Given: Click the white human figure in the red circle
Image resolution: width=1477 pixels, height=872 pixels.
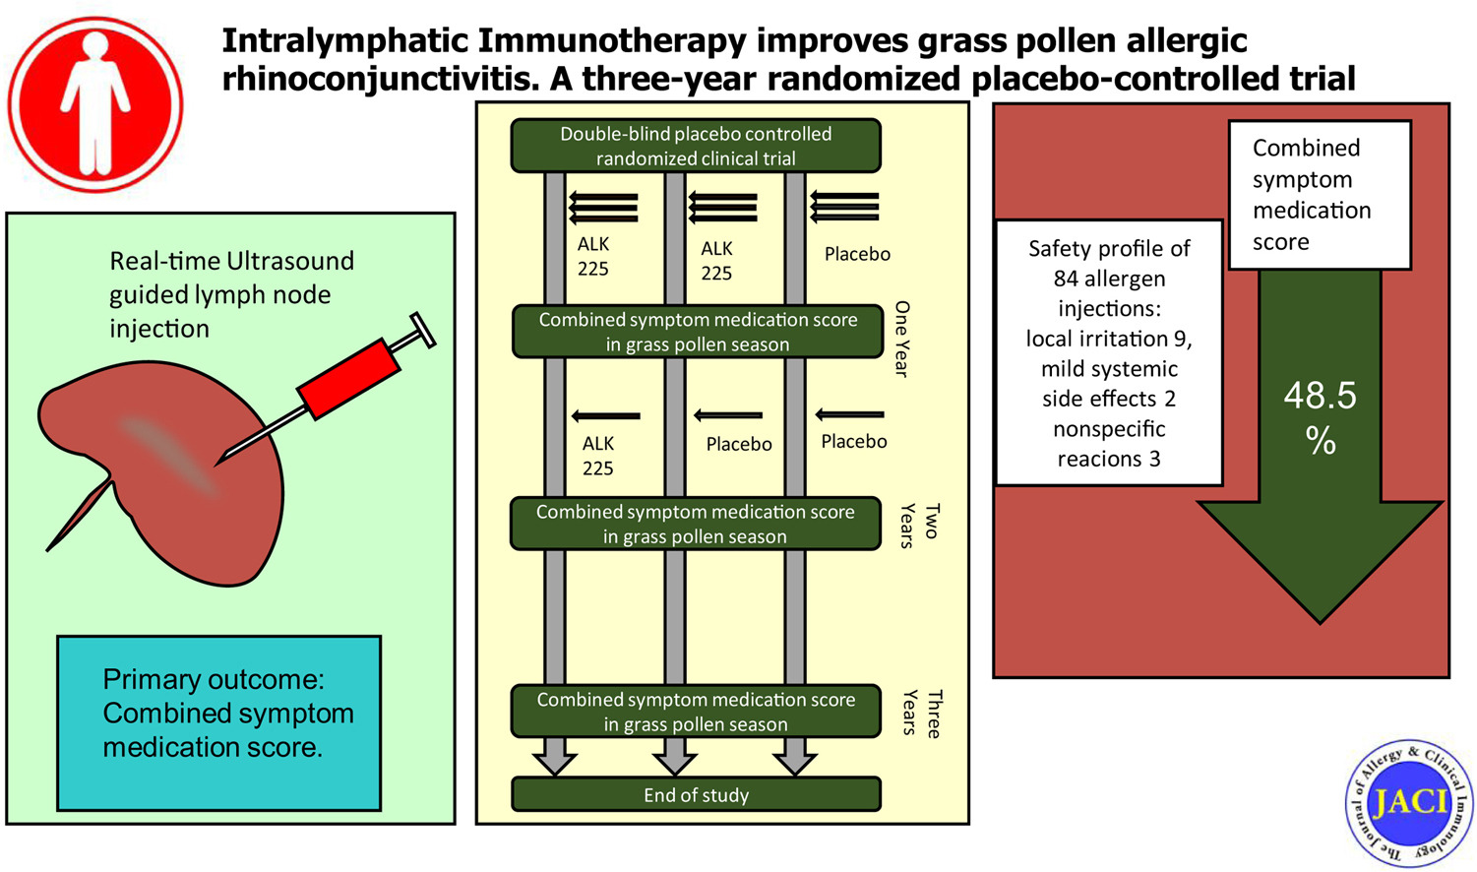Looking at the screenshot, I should pos(95,103).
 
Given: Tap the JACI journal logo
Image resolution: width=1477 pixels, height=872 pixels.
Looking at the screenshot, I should pos(1408,803).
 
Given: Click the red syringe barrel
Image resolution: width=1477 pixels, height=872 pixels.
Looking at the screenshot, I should pos(349,379).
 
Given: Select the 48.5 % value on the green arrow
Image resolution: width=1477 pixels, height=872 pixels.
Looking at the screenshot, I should pos(1320,416).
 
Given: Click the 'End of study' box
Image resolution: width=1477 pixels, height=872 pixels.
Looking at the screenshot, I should pos(696,794).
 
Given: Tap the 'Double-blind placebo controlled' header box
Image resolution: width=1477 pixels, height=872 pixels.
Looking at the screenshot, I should pos(696,146).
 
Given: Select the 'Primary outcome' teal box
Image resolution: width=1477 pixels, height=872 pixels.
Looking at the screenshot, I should pos(218,722).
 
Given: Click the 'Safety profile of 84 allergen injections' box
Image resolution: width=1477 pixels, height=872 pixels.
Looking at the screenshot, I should pos(1109,352).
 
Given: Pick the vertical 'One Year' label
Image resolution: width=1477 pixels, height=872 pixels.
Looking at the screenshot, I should pos(901,339).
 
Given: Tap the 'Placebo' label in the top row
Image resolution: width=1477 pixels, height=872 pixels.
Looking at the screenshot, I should pos(857,254).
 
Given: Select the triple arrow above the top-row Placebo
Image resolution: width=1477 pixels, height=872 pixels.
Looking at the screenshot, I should pos(844,207).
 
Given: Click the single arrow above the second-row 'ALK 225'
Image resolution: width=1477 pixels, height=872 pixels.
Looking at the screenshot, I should pos(606,416).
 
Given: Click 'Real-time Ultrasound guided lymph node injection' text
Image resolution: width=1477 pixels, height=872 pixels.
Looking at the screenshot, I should pos(231,294).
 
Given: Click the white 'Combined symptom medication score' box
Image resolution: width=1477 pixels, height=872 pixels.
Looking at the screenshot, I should pos(1320,195).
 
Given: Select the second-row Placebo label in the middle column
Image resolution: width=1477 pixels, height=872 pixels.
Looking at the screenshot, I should pos(738,444).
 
